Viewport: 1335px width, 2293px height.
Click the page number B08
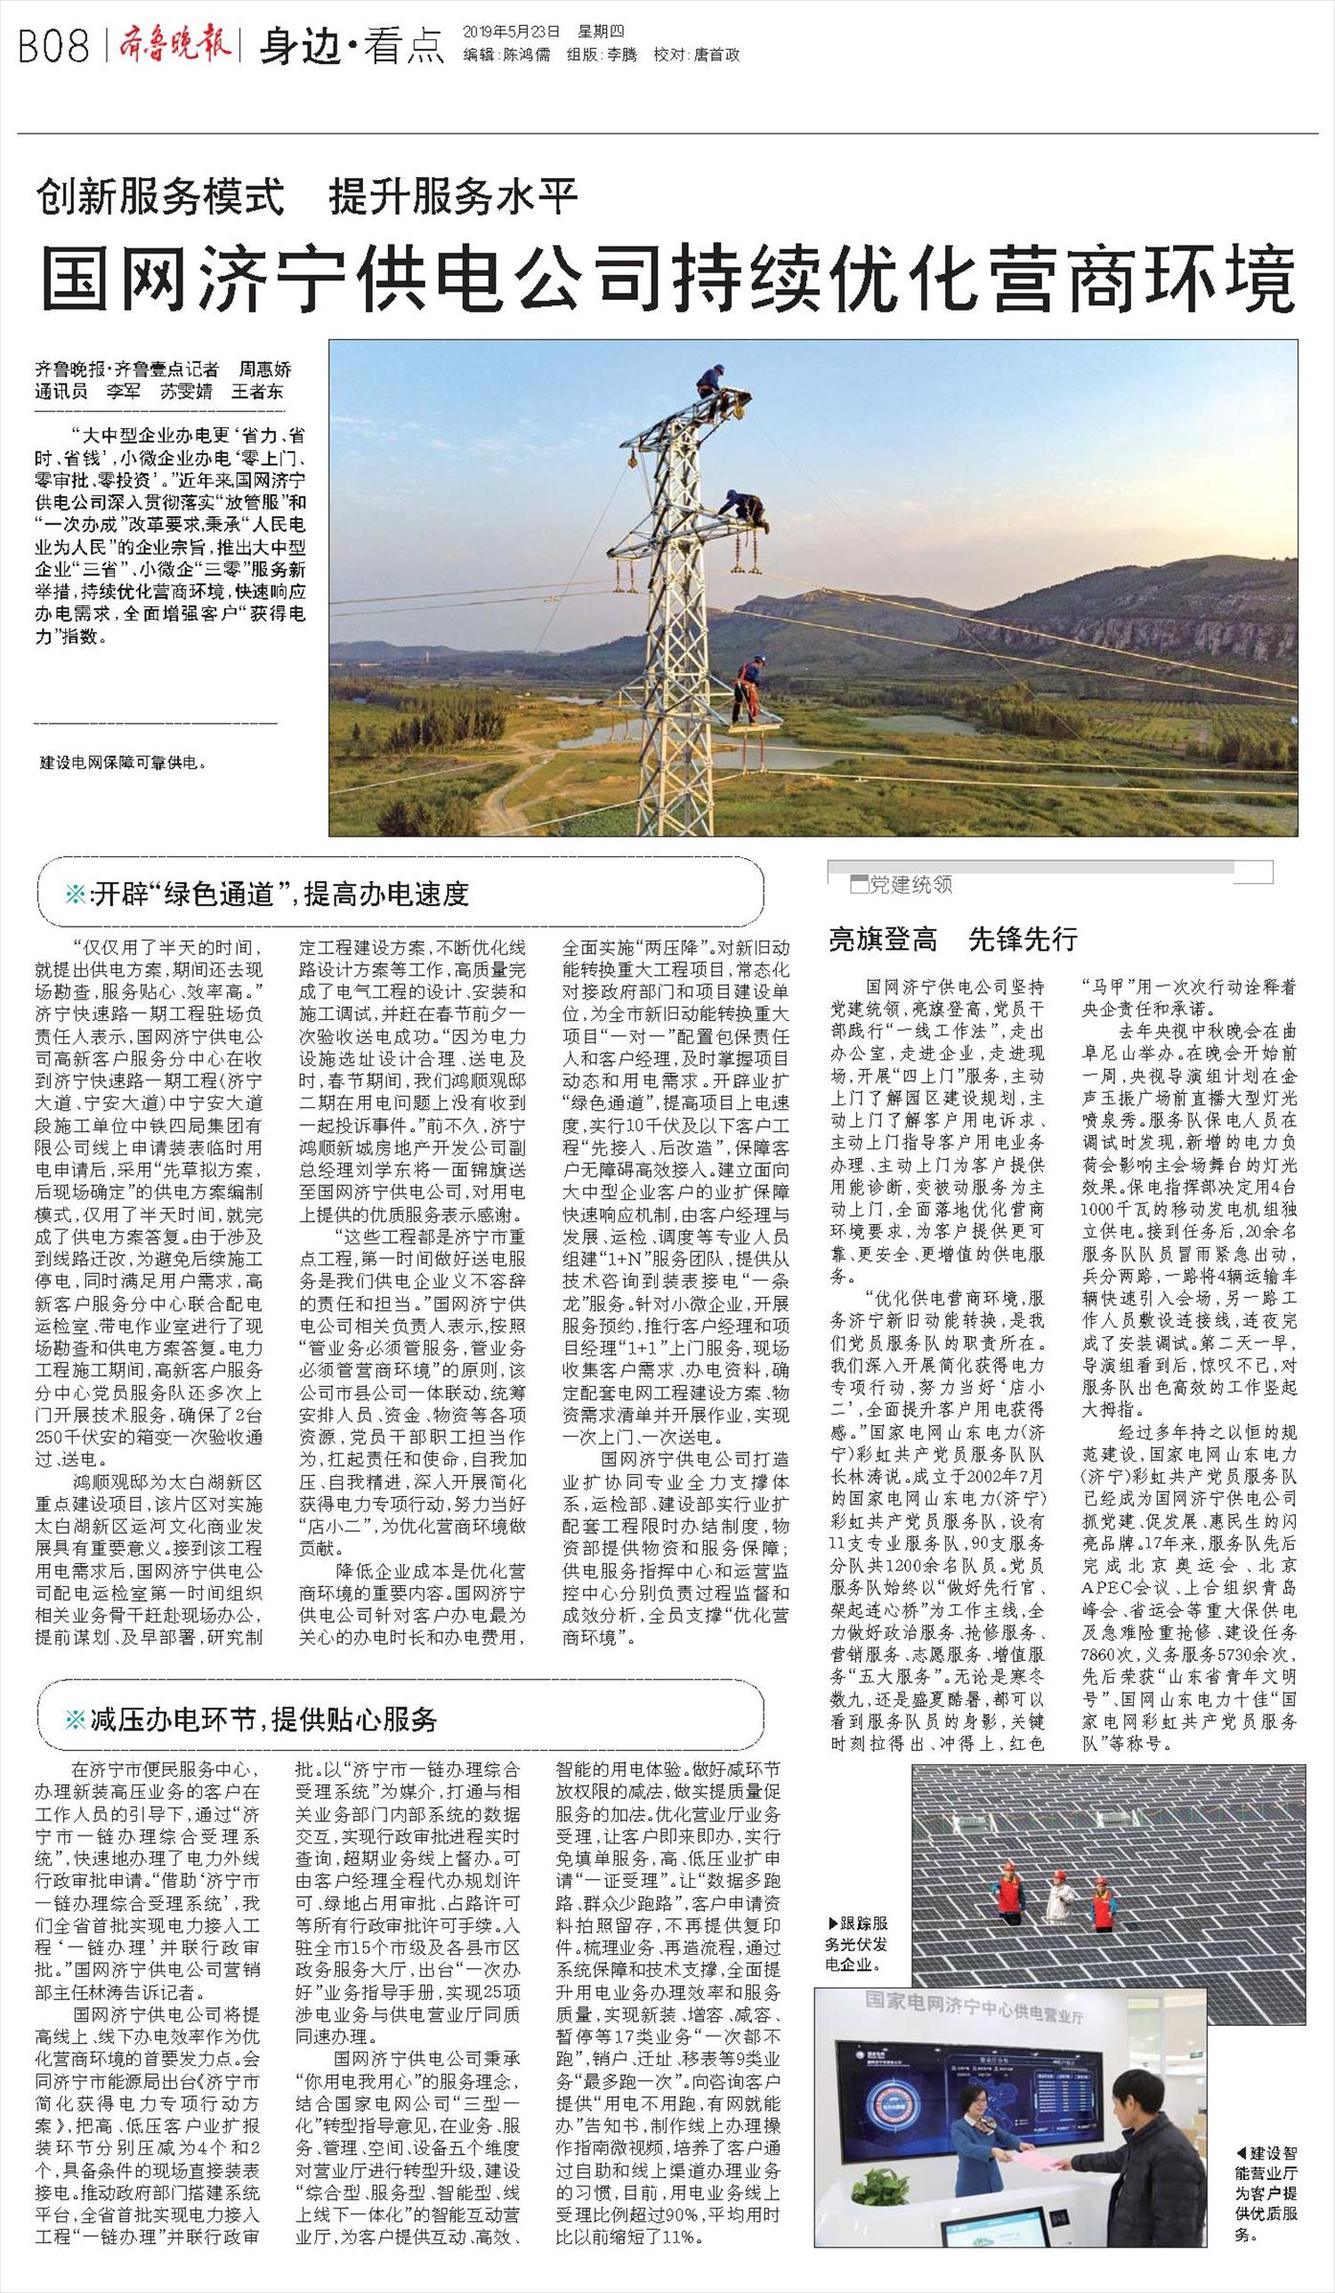[x=53, y=45]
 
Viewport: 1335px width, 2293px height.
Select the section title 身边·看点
[x=352, y=46]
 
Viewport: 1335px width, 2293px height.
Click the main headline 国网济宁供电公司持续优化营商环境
[x=666, y=280]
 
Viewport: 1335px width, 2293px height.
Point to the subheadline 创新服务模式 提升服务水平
[x=308, y=197]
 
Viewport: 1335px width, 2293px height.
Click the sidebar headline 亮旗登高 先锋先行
[x=952, y=939]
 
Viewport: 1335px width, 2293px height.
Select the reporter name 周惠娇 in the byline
[x=265, y=369]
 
